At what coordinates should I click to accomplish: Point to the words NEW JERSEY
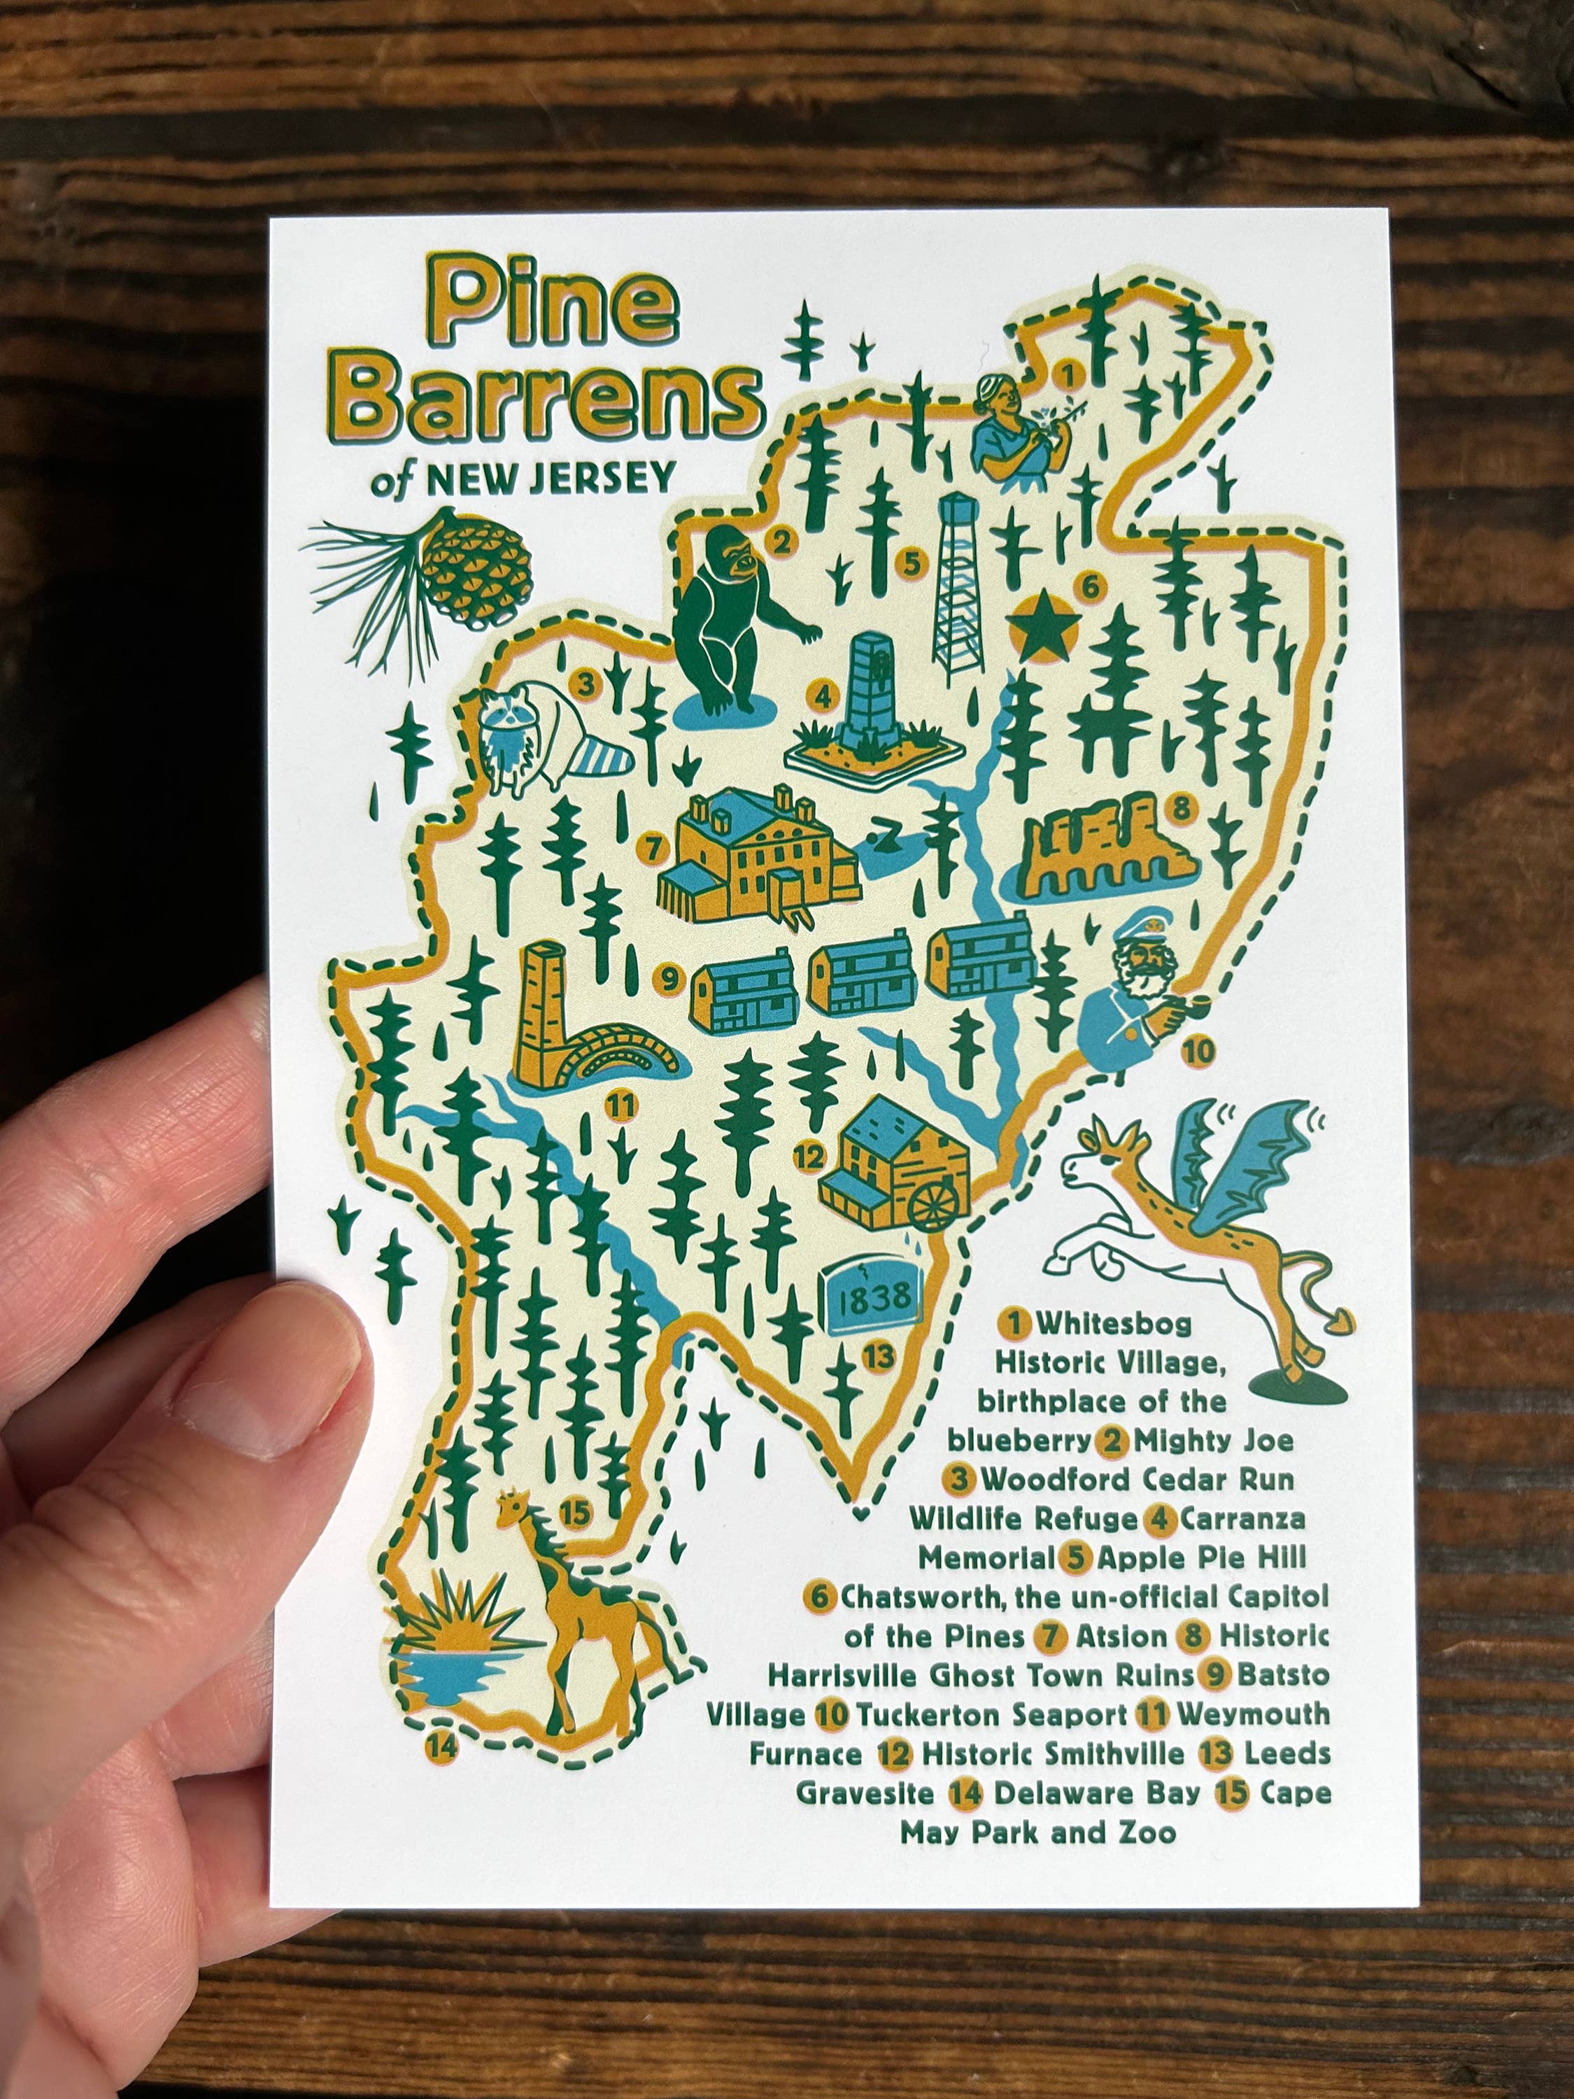(x=551, y=479)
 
